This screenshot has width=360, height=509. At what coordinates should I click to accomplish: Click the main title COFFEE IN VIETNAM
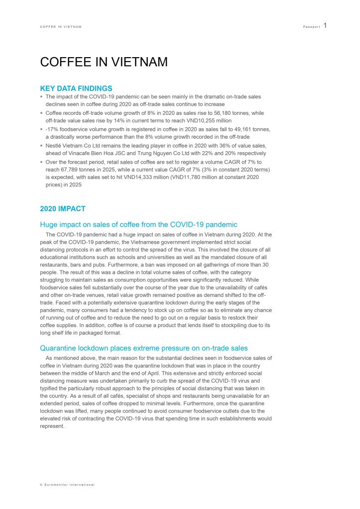(x=103, y=62)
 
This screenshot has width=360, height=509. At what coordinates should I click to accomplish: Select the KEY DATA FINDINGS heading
(x=76, y=88)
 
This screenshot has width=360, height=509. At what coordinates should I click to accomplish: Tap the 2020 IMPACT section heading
(x=63, y=209)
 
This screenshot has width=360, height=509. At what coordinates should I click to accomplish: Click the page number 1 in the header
(x=325, y=25)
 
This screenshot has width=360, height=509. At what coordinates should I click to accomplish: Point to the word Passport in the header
(x=311, y=26)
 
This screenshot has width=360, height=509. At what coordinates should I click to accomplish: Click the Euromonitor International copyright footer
(x=67, y=485)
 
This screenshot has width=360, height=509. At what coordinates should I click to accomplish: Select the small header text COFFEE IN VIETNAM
(x=61, y=26)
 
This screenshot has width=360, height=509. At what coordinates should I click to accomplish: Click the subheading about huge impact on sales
(x=139, y=225)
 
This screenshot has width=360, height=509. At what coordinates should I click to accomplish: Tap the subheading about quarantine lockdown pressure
(x=144, y=348)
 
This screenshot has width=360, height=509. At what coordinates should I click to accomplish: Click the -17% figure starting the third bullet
(x=52, y=129)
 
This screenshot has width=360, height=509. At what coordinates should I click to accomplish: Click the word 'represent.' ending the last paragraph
(x=52, y=426)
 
